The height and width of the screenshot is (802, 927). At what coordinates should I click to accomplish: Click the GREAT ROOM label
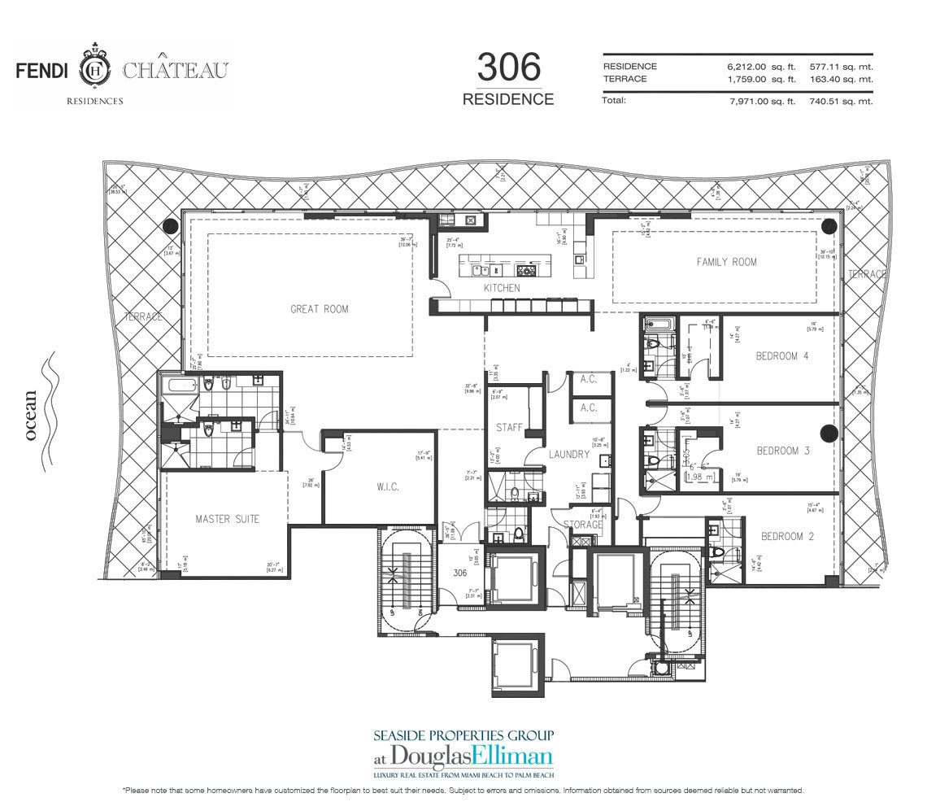click(319, 309)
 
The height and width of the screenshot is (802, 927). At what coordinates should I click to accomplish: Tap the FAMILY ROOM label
click(726, 262)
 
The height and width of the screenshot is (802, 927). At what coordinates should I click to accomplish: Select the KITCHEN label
click(502, 289)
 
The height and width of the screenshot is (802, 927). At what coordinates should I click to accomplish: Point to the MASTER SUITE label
click(227, 519)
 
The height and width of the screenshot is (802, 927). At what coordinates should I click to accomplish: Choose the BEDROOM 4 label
click(782, 356)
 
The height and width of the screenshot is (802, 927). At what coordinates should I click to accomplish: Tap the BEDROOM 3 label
click(782, 451)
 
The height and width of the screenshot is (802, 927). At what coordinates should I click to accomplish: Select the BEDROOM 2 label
click(787, 537)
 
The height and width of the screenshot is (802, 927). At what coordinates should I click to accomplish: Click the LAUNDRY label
click(568, 455)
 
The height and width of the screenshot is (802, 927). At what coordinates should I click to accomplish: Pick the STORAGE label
click(577, 525)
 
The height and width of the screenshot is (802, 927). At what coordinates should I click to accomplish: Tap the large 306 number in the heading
click(508, 68)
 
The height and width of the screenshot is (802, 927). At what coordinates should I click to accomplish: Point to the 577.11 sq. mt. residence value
click(841, 66)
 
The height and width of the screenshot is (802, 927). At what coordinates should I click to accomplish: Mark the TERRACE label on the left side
click(143, 316)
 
